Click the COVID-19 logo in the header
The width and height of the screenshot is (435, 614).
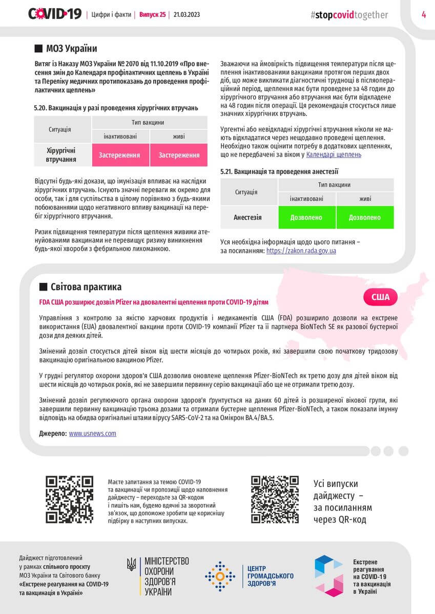[x=55, y=14]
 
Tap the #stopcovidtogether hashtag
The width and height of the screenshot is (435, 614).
[x=349, y=15]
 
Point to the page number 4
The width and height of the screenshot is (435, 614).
[x=424, y=14]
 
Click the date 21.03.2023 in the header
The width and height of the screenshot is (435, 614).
[x=187, y=15]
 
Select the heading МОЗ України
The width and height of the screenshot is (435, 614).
[x=71, y=49]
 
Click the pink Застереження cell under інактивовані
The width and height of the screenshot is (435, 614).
[x=120, y=155]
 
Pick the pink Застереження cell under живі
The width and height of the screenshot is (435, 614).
[x=179, y=155]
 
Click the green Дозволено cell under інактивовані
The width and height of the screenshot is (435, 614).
[x=306, y=217]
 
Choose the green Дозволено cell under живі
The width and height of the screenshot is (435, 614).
[x=365, y=217]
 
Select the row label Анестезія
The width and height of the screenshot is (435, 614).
[x=248, y=217]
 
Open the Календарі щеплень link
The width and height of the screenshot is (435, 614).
[x=334, y=154]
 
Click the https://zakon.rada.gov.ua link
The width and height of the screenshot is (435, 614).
[x=301, y=251]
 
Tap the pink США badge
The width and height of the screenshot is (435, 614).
[x=380, y=297]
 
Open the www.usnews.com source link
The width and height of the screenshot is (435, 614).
[x=93, y=433]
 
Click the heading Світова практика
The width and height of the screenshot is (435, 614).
[x=86, y=287]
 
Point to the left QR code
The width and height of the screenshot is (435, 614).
[x=69, y=499]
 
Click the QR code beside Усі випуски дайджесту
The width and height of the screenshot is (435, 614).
[x=275, y=499]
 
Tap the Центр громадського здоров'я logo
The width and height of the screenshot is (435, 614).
[x=250, y=576]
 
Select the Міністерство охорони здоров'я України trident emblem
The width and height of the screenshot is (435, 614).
[x=132, y=564]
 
